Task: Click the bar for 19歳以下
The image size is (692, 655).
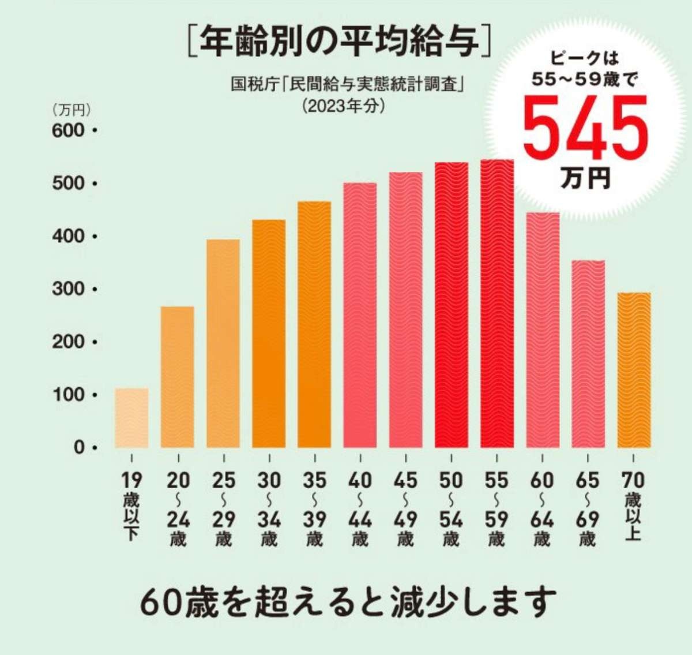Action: (131, 418)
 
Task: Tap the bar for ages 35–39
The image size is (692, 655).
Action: (314, 324)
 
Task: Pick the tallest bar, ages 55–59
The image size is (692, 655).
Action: (497, 304)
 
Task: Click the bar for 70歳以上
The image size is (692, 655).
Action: (634, 370)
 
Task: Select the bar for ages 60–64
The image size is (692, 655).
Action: (543, 330)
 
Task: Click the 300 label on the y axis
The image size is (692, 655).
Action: (68, 289)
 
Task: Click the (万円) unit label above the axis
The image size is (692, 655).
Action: (72, 108)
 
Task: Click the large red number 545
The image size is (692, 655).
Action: (585, 129)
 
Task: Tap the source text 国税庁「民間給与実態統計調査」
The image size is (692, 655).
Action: (348, 85)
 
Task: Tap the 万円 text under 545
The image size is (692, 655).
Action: (585, 178)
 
